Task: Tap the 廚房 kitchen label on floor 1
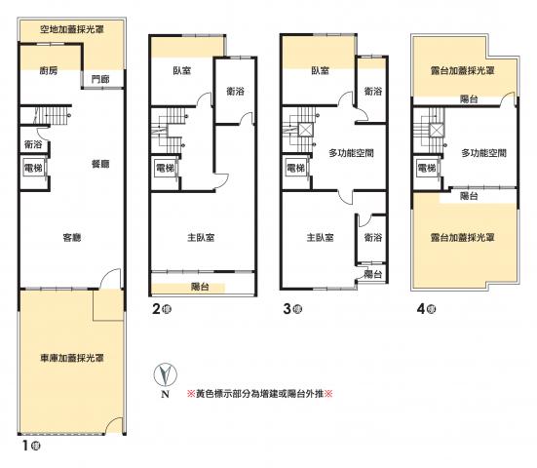tap(49, 71)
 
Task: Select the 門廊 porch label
tap(100, 80)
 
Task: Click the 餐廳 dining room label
tap(100, 164)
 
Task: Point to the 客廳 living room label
tap(72, 237)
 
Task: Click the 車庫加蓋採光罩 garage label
tap(72, 359)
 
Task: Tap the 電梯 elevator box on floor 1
tap(33, 167)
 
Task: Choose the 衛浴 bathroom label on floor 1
tap(33, 145)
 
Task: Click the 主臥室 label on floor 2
tap(201, 237)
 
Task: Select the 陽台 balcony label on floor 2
tap(200, 287)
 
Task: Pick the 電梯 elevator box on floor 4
tap(427, 168)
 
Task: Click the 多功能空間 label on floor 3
tap(351, 153)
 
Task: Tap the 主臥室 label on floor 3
tap(321, 237)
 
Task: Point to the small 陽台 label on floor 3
tap(373, 274)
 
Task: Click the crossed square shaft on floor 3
tap(305, 131)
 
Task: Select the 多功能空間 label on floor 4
tap(483, 153)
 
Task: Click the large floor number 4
tap(421, 309)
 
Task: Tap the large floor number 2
tap(156, 309)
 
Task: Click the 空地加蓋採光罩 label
tap(72, 29)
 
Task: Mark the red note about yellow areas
tap(259, 394)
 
